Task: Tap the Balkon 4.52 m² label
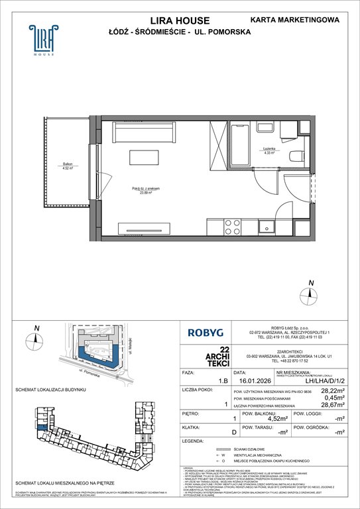pyautogui.click(x=62, y=166)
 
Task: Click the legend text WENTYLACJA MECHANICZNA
pyautogui.click(x=269, y=473)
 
